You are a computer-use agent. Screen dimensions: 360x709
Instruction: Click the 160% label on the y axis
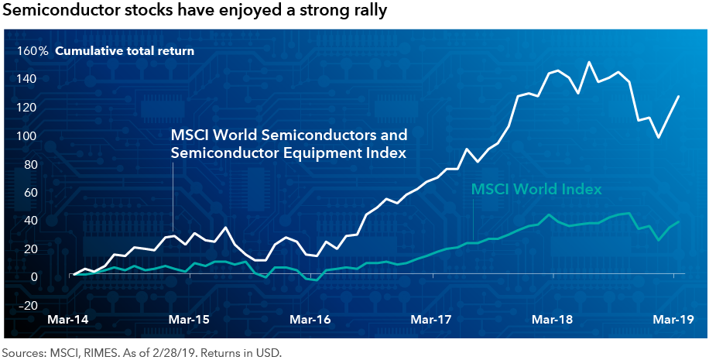click(x=33, y=52)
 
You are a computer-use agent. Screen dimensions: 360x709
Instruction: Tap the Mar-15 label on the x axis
click(x=190, y=320)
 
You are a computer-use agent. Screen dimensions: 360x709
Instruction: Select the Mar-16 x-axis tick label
click(x=310, y=320)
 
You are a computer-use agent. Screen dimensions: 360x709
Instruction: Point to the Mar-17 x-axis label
click(x=431, y=320)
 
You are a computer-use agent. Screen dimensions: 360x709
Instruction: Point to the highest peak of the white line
click(x=590, y=62)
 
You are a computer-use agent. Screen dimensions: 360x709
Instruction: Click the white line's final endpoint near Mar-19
click(x=679, y=96)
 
